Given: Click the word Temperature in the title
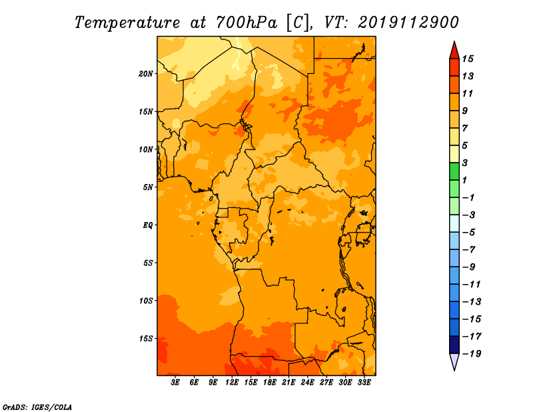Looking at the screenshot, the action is click(127, 23).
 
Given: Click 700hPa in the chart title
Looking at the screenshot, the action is click(247, 23).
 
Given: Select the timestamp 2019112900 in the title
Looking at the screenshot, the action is click(408, 23).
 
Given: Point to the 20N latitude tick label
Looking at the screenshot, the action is click(146, 74).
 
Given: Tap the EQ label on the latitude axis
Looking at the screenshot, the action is click(148, 225).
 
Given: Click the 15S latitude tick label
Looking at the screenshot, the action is click(146, 339).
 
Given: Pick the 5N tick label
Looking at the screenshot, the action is click(148, 187).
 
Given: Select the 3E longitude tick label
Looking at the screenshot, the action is click(175, 383).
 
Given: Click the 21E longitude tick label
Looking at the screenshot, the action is click(288, 383).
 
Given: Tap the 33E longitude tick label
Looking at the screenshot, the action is click(364, 383).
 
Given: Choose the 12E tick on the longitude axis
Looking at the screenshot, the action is click(232, 383).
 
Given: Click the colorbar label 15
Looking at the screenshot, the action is click(468, 59).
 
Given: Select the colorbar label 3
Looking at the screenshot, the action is click(465, 163).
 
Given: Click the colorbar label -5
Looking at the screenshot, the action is click(469, 232).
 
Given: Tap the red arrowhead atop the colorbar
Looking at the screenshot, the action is click(454, 51).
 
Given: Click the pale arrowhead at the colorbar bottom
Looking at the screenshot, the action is click(454, 361).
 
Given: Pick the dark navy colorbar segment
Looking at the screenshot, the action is click(454, 345).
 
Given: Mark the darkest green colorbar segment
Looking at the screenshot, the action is click(454, 171).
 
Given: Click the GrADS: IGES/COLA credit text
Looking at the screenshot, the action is click(37, 407).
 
